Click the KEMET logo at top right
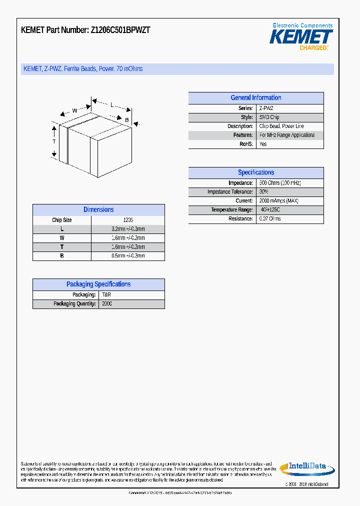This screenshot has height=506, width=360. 301,37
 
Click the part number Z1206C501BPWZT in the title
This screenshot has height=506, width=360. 120,30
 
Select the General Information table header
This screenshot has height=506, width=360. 255,98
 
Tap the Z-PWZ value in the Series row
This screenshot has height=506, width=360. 266,108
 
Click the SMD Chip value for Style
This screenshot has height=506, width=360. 269,117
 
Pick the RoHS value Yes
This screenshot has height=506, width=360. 263,144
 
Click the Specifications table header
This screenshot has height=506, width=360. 255,172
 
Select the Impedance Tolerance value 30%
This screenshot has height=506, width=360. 263,192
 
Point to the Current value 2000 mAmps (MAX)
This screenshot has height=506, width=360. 278,201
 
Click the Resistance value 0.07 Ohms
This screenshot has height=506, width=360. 270,219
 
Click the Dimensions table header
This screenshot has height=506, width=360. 98,210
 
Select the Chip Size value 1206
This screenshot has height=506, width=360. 128,220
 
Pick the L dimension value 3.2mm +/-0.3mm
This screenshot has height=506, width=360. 128,229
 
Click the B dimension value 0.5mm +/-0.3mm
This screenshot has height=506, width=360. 128,256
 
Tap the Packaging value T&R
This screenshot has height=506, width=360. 106,295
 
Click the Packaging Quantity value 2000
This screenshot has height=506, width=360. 107,304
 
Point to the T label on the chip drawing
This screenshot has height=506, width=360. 54,142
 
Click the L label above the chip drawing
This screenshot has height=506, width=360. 112,105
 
